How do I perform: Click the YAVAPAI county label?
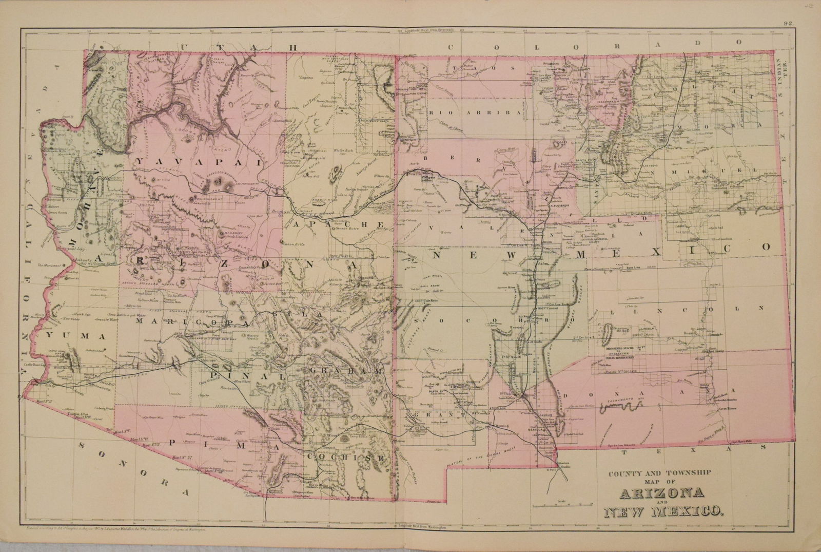point(197,162)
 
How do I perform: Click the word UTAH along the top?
point(239,47)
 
